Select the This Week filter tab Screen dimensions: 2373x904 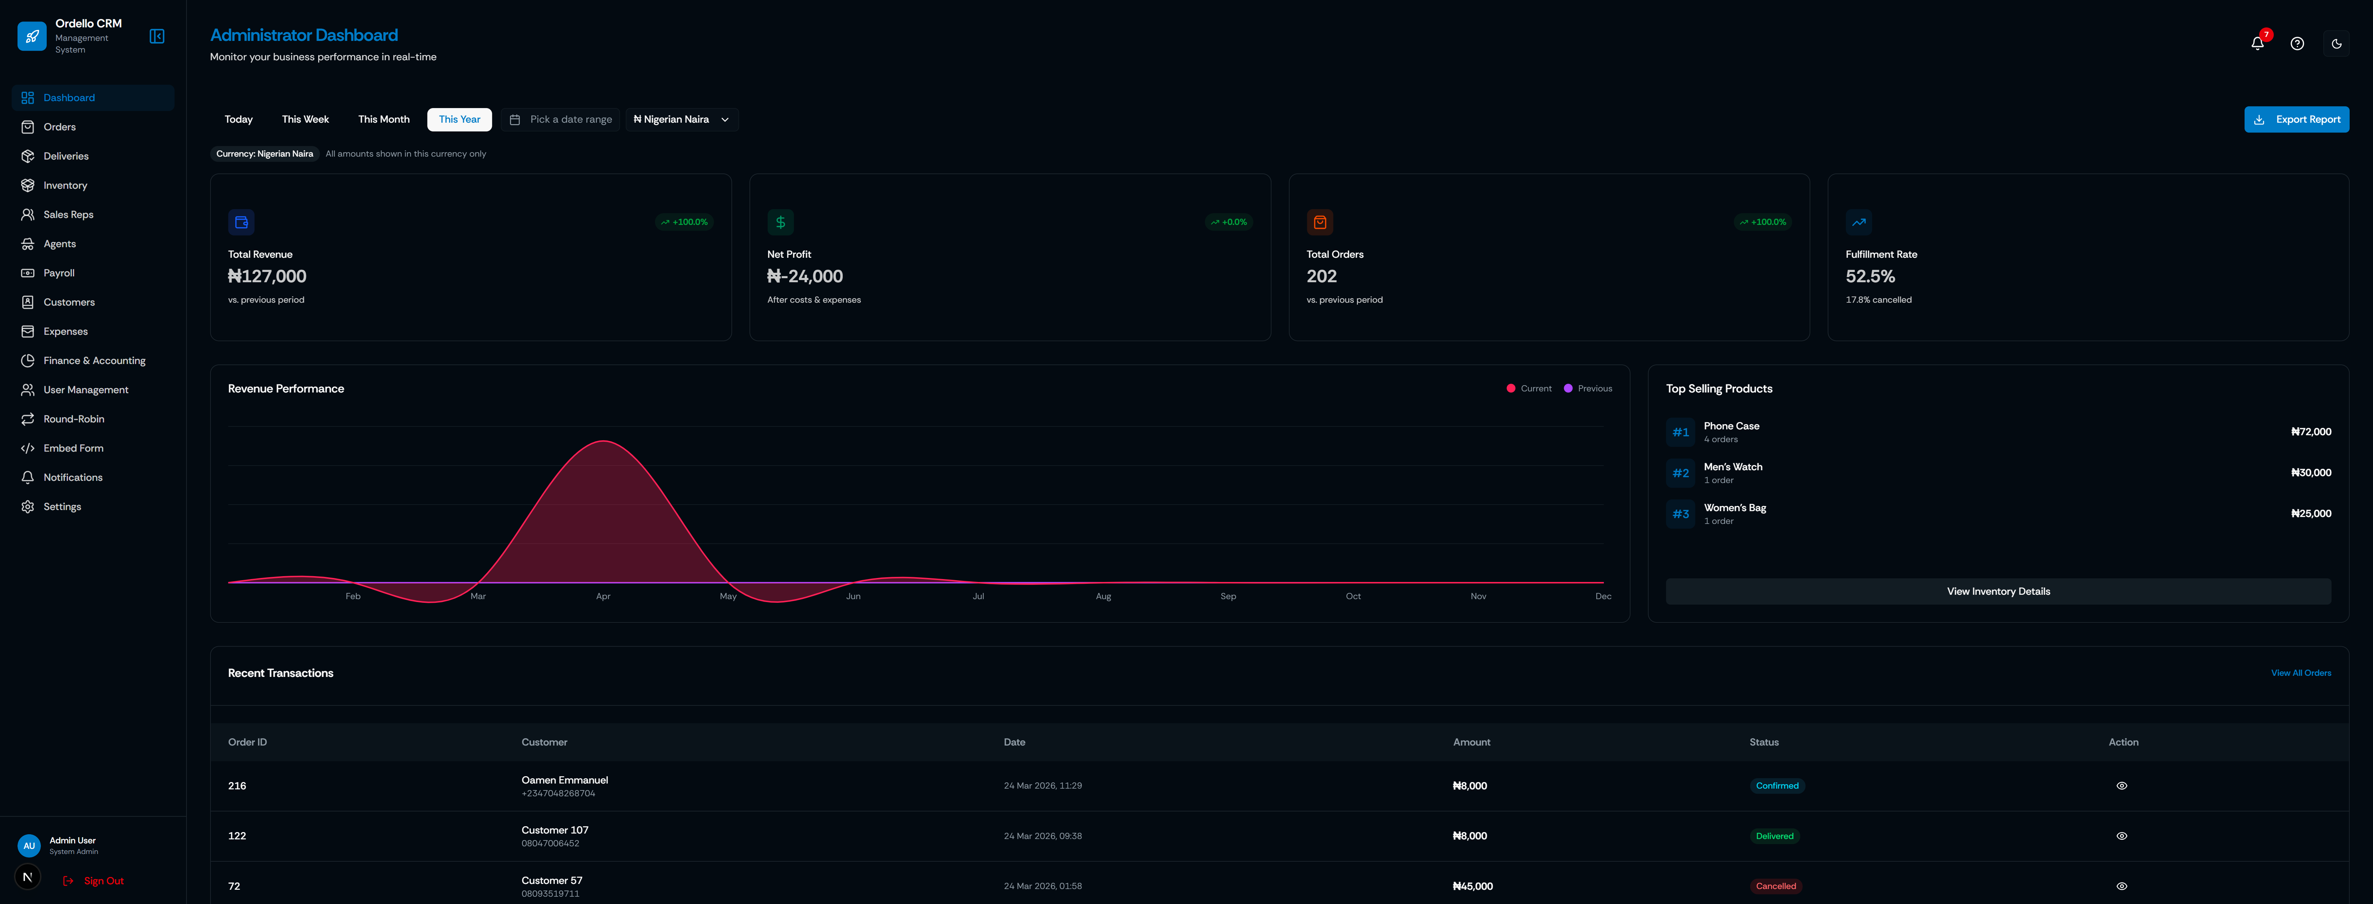click(x=305, y=120)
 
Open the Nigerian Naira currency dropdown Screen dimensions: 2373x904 click(x=682, y=120)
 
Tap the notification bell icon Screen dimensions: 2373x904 click(x=2257, y=43)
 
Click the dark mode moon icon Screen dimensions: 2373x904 click(x=2336, y=43)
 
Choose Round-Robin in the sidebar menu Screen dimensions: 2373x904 click(x=74, y=419)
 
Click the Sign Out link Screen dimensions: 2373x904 click(x=103, y=881)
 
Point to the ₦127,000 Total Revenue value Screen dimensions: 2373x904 click(x=267, y=276)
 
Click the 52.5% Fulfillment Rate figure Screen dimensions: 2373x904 click(x=1870, y=276)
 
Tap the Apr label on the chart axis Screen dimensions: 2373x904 click(x=603, y=596)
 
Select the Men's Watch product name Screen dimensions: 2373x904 click(x=1733, y=467)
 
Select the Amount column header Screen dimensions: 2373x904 click(x=1471, y=743)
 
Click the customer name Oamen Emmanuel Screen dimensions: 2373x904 click(x=565, y=781)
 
